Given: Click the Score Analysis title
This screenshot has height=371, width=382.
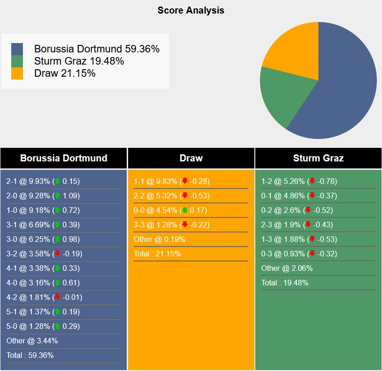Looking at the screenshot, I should pos(191,10).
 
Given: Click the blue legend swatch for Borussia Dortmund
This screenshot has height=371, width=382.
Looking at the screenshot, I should pos(17,49).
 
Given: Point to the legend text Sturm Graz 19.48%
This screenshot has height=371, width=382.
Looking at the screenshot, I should pos(79,61).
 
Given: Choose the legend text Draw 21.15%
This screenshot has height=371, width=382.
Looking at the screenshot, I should pos(65,73).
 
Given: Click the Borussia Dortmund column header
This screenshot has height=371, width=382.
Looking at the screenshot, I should pos(64,158).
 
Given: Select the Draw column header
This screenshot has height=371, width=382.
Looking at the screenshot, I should pos(191,158).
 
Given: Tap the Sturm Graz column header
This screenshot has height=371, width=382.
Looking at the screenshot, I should pos(318,158).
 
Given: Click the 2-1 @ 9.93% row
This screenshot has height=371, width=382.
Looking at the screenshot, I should pos(43,181).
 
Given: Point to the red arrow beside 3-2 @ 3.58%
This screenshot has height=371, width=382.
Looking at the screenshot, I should pos(58,254).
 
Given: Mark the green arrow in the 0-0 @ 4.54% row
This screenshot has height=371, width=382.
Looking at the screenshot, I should pos(185,210).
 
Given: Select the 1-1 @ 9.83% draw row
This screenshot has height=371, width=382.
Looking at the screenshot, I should pos(171,181).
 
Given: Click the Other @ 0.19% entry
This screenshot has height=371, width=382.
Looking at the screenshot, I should pos(159,239).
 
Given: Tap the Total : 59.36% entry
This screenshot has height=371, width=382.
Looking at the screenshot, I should pos(30,355).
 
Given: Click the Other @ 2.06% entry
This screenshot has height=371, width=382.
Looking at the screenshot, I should pos(287,268).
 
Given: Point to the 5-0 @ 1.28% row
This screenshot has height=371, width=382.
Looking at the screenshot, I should pos(43,326).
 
